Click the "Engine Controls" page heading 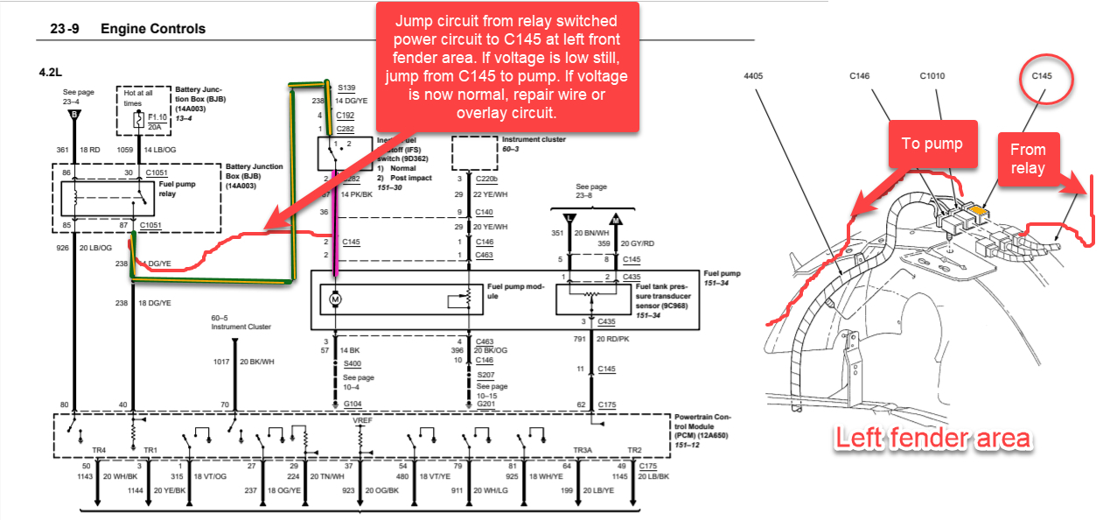pyautogui.click(x=153, y=29)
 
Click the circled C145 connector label pyautogui.click(x=1041, y=77)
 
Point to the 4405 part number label pyautogui.click(x=753, y=76)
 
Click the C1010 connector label pyautogui.click(x=932, y=76)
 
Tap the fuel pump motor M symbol pyautogui.click(x=334, y=300)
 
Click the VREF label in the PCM pyautogui.click(x=363, y=421)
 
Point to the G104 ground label pyautogui.click(x=352, y=404)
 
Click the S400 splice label pyautogui.click(x=352, y=363)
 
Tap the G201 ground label pyautogui.click(x=486, y=404)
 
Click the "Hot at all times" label pyautogui.click(x=137, y=96)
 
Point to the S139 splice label pyautogui.click(x=347, y=88)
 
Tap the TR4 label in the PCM pyautogui.click(x=99, y=450)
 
